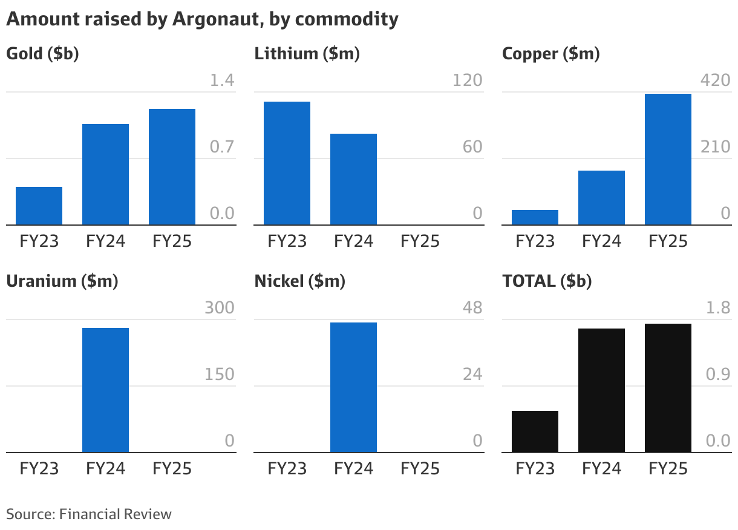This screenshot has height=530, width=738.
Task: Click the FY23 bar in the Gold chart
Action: pyautogui.click(x=39, y=206)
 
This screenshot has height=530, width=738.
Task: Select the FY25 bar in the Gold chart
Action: pyautogui.click(x=172, y=167)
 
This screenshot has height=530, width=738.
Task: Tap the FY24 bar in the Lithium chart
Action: pyautogui.click(x=353, y=179)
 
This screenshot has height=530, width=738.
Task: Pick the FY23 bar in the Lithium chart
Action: pyautogui.click(x=287, y=163)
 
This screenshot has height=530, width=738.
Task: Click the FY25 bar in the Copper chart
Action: pyautogui.click(x=668, y=160)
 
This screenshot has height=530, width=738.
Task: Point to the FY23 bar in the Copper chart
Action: pyautogui.click(x=535, y=217)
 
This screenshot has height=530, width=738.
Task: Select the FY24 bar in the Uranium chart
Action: pyautogui.click(x=105, y=390)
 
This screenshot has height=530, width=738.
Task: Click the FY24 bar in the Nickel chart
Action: pyautogui.click(x=353, y=387)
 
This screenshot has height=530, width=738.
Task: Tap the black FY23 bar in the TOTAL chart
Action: pyautogui.click(x=535, y=431)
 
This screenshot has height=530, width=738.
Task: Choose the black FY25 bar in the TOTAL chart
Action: pyautogui.click(x=668, y=388)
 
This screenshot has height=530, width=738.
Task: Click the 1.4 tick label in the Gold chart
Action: pyautogui.click(x=221, y=80)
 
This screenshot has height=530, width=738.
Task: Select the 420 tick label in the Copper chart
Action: pyautogui.click(x=715, y=80)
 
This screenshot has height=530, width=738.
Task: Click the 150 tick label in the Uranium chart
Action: pyautogui.click(x=219, y=375)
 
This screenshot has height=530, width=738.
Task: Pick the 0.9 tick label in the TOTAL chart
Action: pyautogui.click(x=718, y=375)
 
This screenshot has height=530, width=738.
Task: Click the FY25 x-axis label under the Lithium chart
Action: pyautogui.click(x=420, y=241)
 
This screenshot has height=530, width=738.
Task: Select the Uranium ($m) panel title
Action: pyautogui.click(x=62, y=281)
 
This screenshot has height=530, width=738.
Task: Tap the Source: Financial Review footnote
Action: pyautogui.click(x=89, y=514)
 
